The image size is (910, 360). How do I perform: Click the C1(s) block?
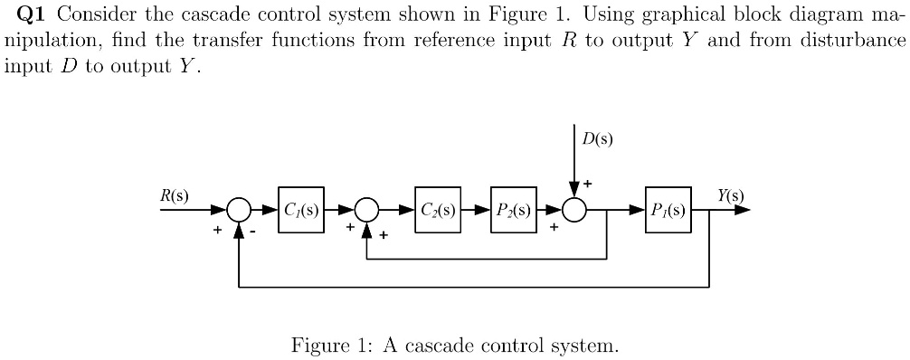[x=301, y=212]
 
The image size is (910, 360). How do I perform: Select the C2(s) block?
[x=438, y=212]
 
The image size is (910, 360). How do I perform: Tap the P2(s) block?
[x=513, y=212]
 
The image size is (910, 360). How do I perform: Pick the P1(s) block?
[x=668, y=212]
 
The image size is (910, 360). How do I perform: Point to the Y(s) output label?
[x=730, y=194]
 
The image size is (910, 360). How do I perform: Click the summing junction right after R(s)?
[x=239, y=211]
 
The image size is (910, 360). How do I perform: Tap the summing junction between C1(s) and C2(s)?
[x=366, y=211]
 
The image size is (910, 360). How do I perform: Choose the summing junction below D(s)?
[x=574, y=211]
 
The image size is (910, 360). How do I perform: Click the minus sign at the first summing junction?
[x=256, y=232]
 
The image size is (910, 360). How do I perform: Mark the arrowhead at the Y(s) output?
[x=741, y=211]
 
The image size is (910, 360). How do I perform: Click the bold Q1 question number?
[x=33, y=15]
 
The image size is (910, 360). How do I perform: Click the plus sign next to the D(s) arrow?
[x=587, y=184]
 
